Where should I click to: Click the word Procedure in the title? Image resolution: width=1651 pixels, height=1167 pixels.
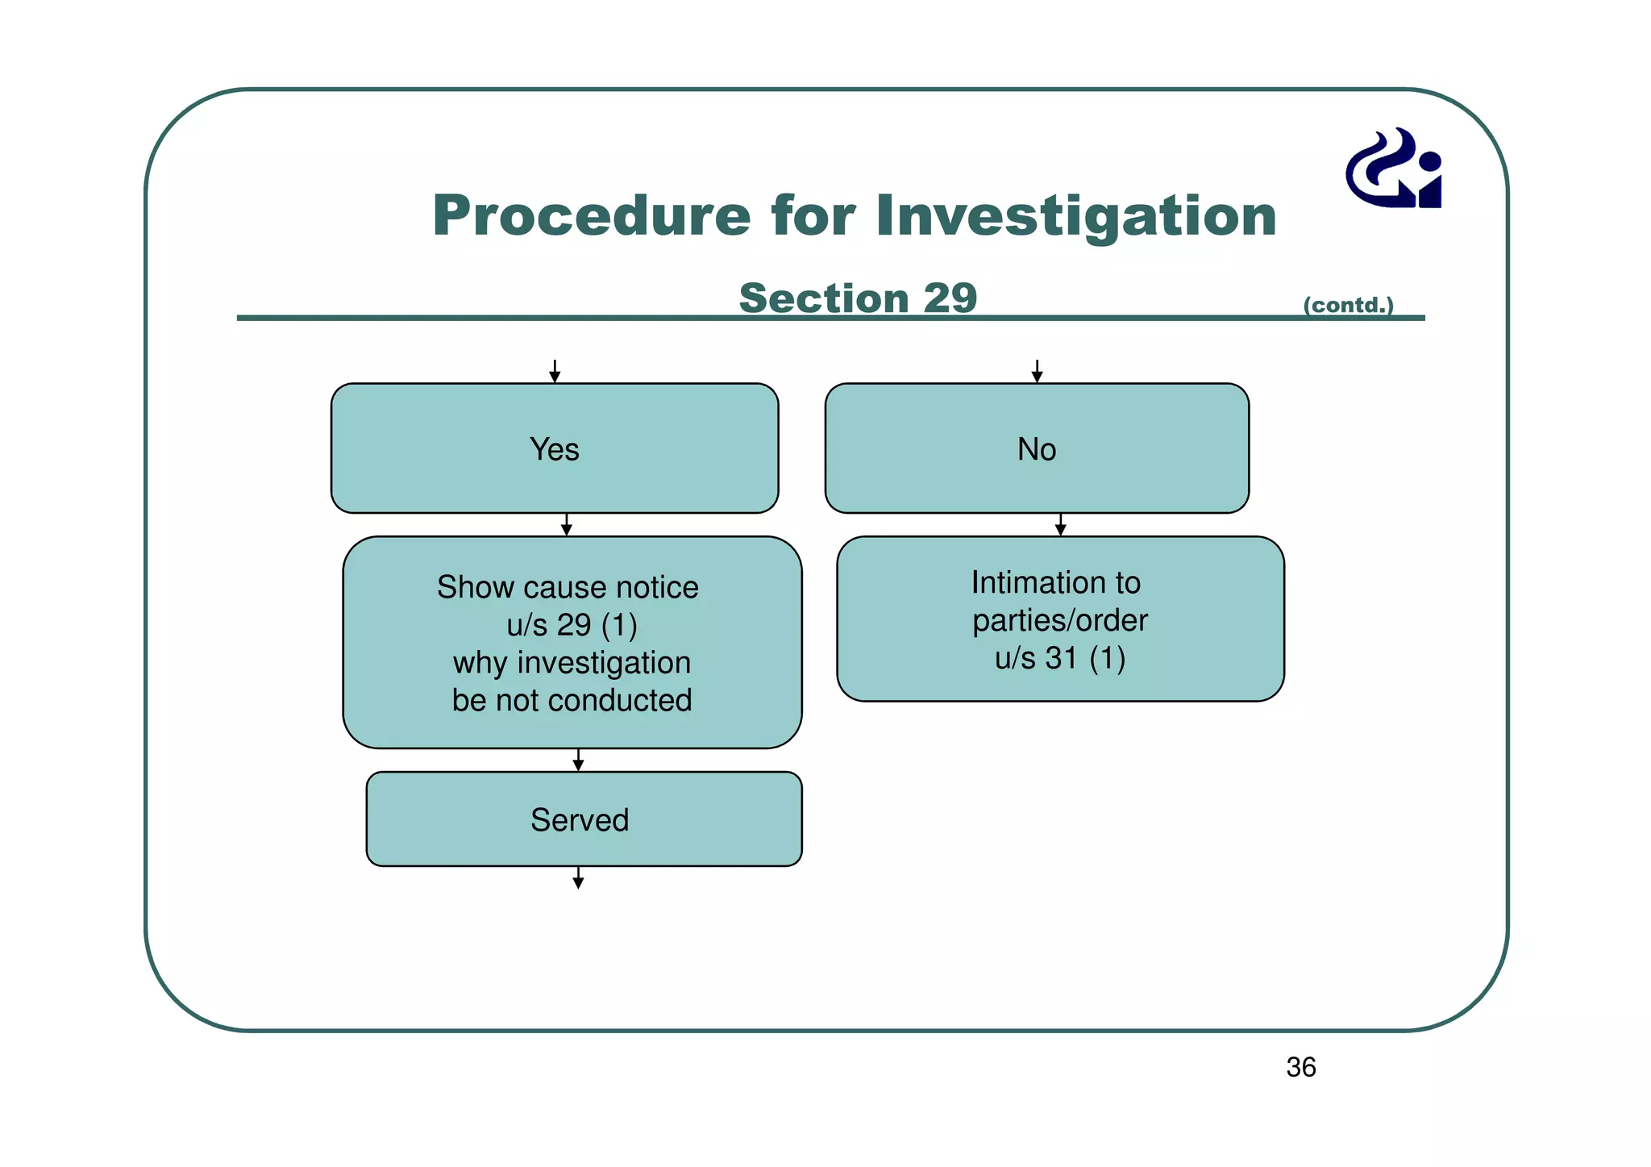click(x=591, y=216)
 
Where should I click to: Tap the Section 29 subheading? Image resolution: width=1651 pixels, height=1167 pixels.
click(x=857, y=298)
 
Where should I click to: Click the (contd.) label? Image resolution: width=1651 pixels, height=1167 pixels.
click(x=1348, y=305)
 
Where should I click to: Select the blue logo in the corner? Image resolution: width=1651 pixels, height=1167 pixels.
click(x=1394, y=169)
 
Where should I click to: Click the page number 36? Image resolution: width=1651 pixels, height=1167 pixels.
click(x=1300, y=1067)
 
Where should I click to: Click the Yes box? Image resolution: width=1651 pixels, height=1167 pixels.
click(x=555, y=448)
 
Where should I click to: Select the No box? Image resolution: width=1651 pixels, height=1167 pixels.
click(x=1037, y=448)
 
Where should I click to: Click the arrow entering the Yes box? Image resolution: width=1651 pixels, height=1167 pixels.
click(x=555, y=372)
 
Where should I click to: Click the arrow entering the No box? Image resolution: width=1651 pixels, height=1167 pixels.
click(x=1037, y=372)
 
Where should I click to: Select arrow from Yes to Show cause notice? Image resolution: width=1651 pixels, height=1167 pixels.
click(x=567, y=525)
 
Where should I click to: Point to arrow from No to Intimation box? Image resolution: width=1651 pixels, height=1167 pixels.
click(x=1060, y=525)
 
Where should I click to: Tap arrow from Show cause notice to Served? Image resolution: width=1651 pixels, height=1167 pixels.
click(x=578, y=761)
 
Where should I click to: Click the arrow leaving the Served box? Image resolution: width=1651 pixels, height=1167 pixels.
click(x=578, y=878)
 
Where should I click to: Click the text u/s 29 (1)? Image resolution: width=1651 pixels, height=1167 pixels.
click(x=572, y=625)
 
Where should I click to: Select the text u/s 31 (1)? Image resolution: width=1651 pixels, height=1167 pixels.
click(x=1059, y=658)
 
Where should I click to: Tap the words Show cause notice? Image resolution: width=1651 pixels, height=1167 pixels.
click(x=568, y=587)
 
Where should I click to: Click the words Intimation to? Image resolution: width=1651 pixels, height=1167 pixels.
click(x=1055, y=582)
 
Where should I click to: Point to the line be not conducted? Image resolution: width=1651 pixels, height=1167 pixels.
click(x=572, y=700)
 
